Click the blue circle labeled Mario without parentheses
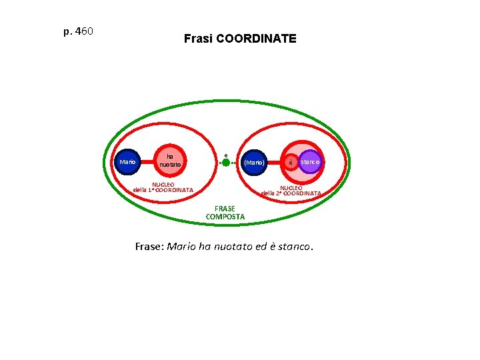tap(127, 162)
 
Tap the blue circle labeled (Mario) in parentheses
tap(254, 162)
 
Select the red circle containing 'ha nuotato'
tap(169, 161)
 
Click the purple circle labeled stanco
tap(310, 161)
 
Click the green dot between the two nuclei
tap(226, 162)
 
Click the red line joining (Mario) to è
tap(275, 162)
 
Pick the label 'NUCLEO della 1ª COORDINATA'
tap(163, 187)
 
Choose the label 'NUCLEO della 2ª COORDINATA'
tap(291, 191)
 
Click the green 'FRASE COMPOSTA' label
tap(225, 213)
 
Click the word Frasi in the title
tap(198, 39)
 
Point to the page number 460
tap(85, 31)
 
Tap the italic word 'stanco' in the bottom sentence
tap(293, 247)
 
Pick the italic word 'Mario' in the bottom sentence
tap(180, 247)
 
